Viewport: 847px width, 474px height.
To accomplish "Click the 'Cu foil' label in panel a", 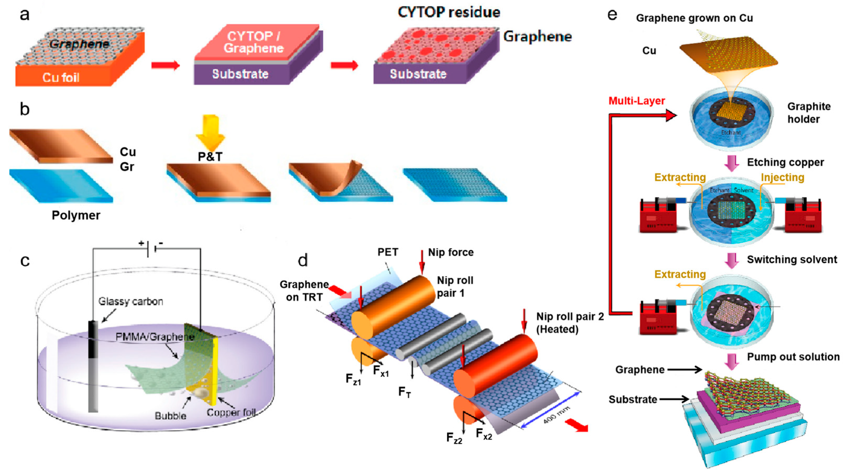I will point(61,78).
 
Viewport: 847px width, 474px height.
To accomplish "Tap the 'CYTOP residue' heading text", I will point(449,13).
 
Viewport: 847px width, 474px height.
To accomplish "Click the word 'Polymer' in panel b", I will point(76,215).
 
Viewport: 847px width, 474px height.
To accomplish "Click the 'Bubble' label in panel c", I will point(170,416).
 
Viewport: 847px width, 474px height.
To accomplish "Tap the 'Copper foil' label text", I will point(231,412).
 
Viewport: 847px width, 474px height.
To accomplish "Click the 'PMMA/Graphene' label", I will point(155,337).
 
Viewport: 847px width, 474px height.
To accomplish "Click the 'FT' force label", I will point(405,392).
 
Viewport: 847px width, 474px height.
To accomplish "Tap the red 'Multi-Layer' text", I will point(637,101).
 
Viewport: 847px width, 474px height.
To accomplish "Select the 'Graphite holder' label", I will point(808,113).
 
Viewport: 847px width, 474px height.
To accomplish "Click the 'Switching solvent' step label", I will point(792,260).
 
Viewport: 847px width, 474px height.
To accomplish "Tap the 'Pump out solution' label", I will point(793,357).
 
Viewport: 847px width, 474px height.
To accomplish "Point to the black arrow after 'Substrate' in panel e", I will point(674,399).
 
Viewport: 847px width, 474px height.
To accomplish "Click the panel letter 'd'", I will point(303,261).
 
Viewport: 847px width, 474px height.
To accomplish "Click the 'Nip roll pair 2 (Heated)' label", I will point(570,323).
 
